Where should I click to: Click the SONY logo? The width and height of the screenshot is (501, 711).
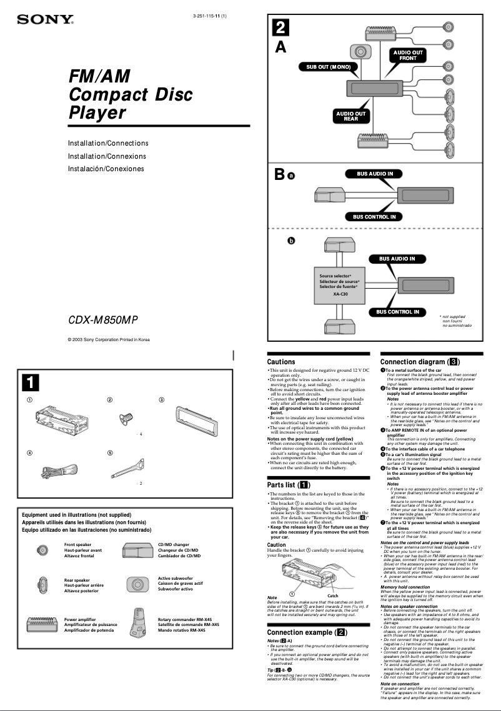click(45, 20)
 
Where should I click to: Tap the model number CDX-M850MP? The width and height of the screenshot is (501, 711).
click(102, 321)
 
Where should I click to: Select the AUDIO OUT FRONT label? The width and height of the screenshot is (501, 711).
click(408, 55)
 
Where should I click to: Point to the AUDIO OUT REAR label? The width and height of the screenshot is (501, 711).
click(351, 116)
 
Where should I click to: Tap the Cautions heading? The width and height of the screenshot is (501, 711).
click(281, 362)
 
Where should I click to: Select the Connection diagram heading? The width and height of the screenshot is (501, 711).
click(420, 362)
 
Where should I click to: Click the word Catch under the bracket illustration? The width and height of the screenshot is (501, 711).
click(333, 596)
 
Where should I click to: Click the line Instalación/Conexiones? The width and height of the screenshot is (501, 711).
click(106, 169)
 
